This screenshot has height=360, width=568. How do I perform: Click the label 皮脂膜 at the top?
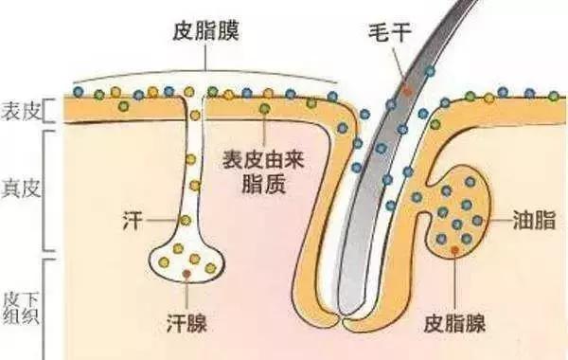coord(206,32)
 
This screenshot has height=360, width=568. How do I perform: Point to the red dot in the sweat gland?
coord(188,272)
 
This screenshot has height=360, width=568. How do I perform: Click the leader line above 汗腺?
coord(188,289)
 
